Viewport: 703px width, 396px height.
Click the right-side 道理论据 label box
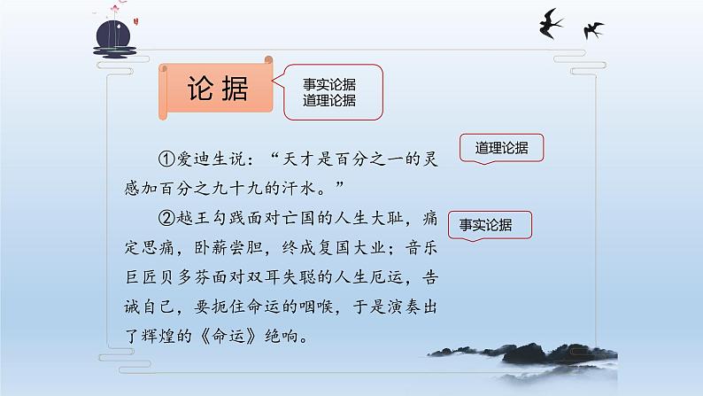(501, 149)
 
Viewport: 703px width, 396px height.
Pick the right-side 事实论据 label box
(492, 225)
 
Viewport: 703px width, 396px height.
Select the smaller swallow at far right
(593, 29)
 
